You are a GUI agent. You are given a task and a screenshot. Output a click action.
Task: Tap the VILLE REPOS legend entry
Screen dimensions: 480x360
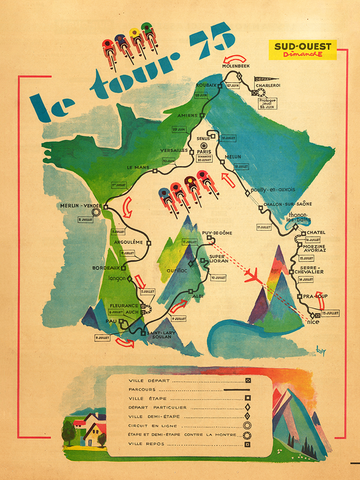pyautogui.click(x=151, y=445)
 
